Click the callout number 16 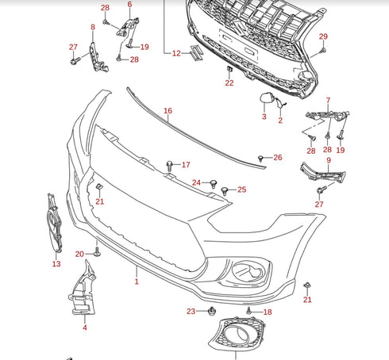point(168,111)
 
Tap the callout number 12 point(175,53)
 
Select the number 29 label point(323,37)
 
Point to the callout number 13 point(56,263)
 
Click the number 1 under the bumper point(136,281)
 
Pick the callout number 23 point(191,311)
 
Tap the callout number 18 point(268,312)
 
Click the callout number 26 point(277,158)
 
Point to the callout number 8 point(92,27)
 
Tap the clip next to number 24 point(214,183)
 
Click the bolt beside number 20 point(97,252)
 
